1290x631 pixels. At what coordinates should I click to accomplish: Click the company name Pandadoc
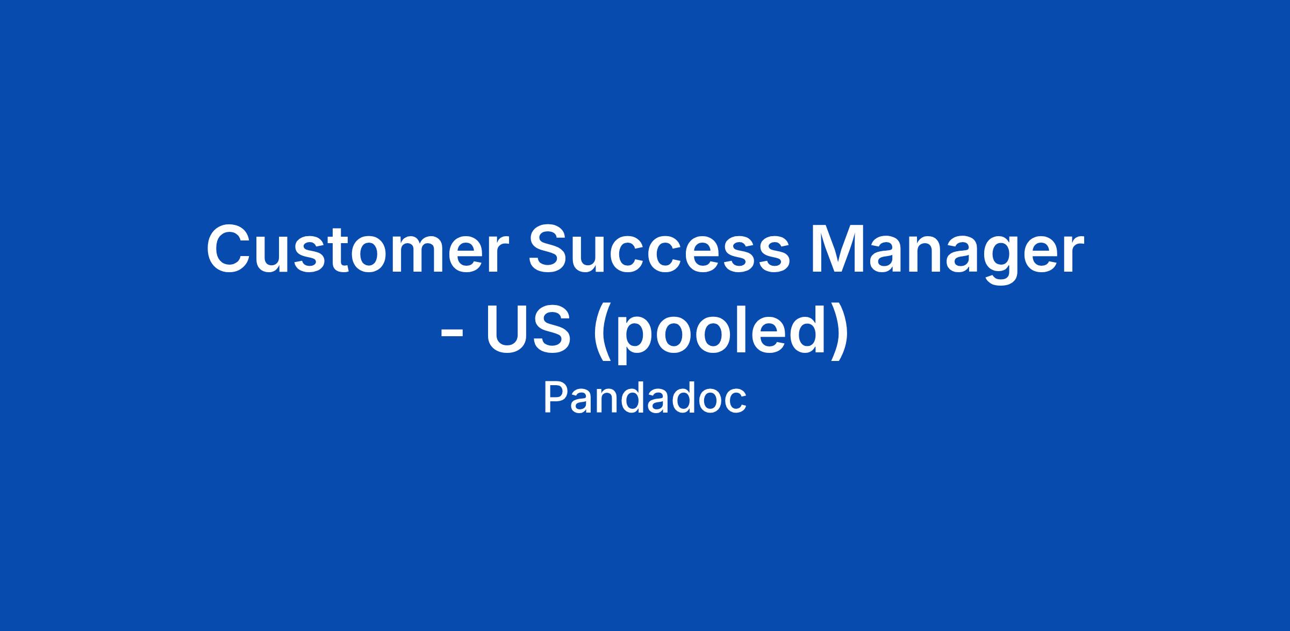pyautogui.click(x=645, y=399)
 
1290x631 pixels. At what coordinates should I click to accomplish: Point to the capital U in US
pyautogui.click(x=506, y=329)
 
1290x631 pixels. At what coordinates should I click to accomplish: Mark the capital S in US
pyautogui.click(x=549, y=329)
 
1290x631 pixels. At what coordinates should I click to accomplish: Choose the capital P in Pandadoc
pyautogui.click(x=555, y=398)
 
